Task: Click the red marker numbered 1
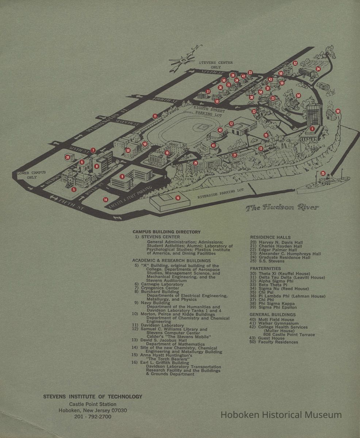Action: coord(312,128)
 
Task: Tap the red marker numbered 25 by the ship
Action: coord(323,173)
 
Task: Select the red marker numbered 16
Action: coord(178,198)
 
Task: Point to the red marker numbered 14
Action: coord(106,200)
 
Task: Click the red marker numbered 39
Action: coord(68,157)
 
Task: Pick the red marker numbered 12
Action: coord(231,124)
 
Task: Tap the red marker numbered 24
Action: coord(318,69)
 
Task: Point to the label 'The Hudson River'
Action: coord(282,208)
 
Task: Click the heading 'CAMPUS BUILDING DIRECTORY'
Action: coord(166,232)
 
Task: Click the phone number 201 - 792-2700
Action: coord(93,416)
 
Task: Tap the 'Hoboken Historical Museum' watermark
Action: coord(281,415)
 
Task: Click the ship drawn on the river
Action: coord(321,182)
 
